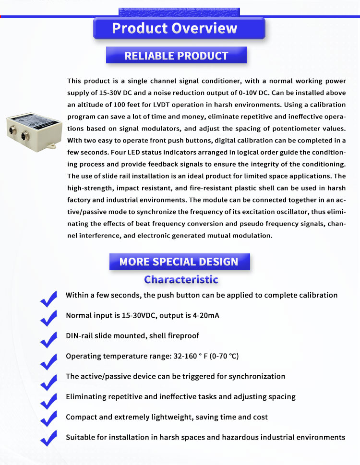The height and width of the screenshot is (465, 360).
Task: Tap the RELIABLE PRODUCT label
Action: [x=176, y=56]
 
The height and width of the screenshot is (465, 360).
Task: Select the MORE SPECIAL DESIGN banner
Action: [x=179, y=262]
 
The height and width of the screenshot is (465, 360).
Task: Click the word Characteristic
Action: [x=181, y=279]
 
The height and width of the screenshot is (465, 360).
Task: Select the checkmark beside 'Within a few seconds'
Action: [x=48, y=299]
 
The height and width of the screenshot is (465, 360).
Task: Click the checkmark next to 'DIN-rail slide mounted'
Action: [x=48, y=339]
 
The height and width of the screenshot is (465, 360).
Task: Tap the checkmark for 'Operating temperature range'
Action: [x=48, y=360]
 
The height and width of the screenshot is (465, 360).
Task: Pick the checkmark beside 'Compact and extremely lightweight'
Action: [x=48, y=420]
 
